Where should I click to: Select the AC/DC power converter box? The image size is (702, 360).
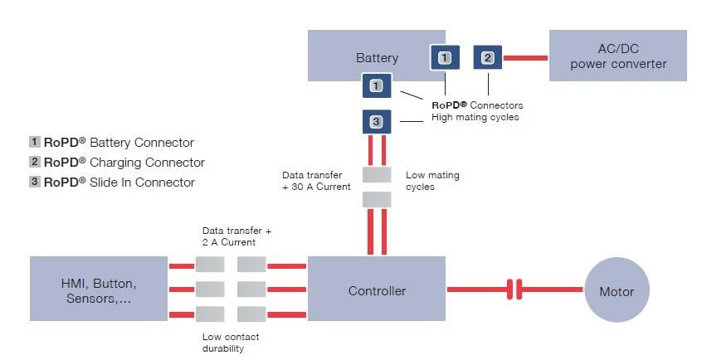click(x=618, y=56)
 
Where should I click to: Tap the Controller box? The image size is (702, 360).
click(x=377, y=290)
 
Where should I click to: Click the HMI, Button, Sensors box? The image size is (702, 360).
click(x=100, y=290)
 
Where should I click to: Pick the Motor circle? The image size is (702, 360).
click(x=616, y=291)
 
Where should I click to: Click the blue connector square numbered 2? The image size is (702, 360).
click(x=487, y=58)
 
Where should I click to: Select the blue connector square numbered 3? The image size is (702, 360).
click(x=376, y=122)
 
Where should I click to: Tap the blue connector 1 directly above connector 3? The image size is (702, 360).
click(x=376, y=85)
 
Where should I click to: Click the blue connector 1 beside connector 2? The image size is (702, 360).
click(x=445, y=58)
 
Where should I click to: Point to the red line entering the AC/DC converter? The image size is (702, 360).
click(x=526, y=58)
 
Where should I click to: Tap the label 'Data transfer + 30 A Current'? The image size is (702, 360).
click(x=316, y=181)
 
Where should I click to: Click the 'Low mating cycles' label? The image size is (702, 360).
click(x=432, y=181)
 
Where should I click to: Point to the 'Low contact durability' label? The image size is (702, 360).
click(x=231, y=343)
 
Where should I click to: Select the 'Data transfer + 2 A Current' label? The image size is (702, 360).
click(x=237, y=236)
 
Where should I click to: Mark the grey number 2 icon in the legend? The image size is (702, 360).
click(x=35, y=163)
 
